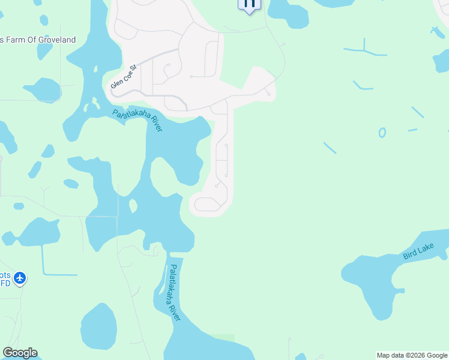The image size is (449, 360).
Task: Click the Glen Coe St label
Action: coord(124,77)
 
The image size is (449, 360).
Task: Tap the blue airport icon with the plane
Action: coord(20,278)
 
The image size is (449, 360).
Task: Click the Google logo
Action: coord(20,353)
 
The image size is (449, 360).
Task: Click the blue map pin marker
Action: coord(249,4)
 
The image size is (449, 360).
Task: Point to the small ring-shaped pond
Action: coord(382,133)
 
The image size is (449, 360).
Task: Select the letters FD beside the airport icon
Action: coord(5,283)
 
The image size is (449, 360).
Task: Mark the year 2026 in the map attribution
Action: coord(409,355)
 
